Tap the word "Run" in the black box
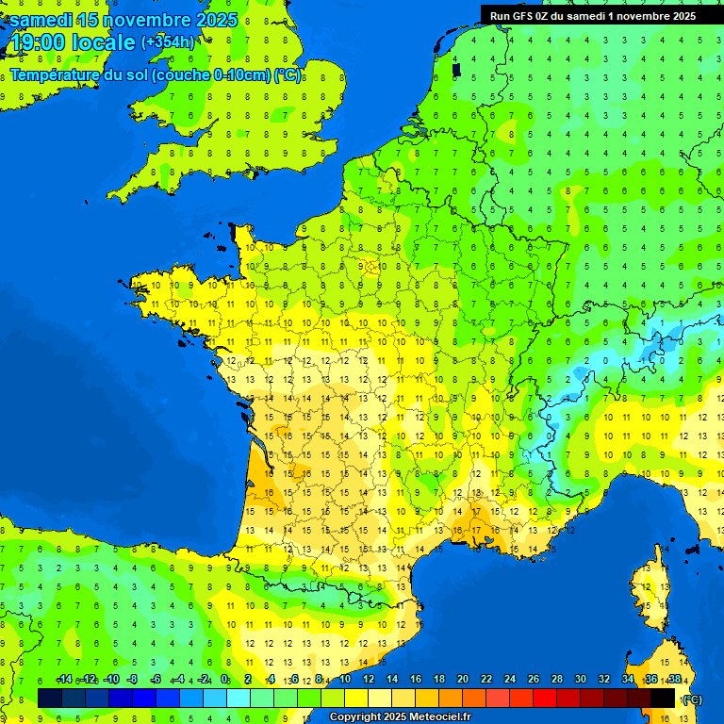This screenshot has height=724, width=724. [500, 15]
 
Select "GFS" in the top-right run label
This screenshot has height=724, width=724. [523, 15]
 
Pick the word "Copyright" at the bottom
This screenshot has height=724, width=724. [354, 717]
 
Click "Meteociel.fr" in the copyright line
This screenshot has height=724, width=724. [439, 717]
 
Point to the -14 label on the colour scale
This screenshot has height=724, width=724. [64, 679]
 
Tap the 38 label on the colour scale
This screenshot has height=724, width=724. [674, 679]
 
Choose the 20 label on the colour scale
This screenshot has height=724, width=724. [462, 679]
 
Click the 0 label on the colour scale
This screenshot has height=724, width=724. [224, 679]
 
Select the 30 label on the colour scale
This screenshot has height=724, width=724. [580, 679]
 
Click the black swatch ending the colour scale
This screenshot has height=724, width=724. [663, 698]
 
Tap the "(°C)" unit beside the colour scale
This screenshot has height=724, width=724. [692, 699]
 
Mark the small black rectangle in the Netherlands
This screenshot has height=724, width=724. [456, 69]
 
